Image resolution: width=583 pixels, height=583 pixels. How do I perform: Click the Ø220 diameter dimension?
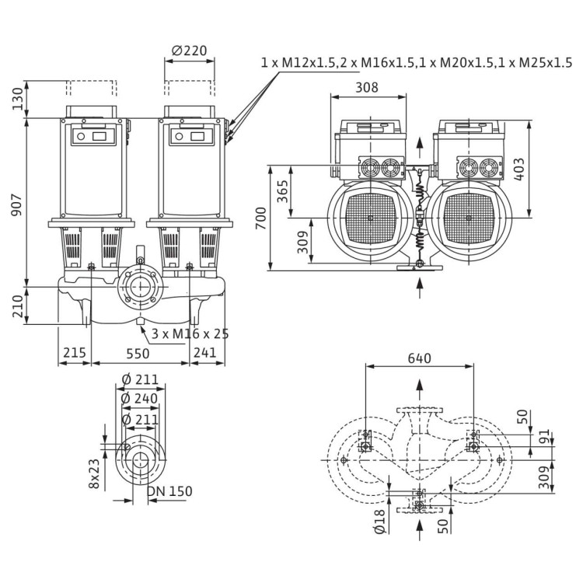point(190,51)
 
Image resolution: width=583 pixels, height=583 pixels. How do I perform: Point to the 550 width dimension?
point(141,352)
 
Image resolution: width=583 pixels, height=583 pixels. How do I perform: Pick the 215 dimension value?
point(75,352)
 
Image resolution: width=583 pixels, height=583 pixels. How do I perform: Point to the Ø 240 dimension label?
point(139,398)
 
